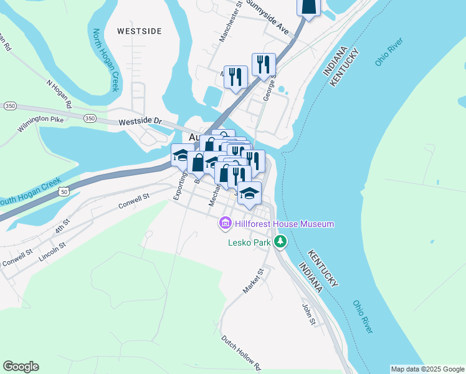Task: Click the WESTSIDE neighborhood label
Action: pos(139,31)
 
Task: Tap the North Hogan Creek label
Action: pos(106,60)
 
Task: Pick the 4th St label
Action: pos(60,226)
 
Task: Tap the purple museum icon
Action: pos(226,223)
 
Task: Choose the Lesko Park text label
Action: pos(250,241)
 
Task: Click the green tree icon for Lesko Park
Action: pos(281,241)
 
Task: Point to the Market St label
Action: pos(254,281)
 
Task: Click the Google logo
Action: pos(21,367)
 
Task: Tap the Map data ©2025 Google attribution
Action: pos(427,369)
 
